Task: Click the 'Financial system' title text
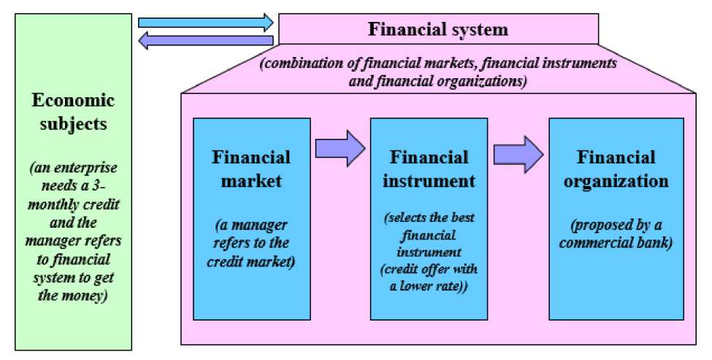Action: click(x=437, y=30)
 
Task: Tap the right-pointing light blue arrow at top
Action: click(x=205, y=23)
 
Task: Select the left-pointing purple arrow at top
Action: click(x=205, y=41)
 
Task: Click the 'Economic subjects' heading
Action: click(x=73, y=112)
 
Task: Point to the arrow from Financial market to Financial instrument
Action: click(x=340, y=149)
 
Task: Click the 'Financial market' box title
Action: click(x=251, y=169)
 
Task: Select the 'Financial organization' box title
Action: click(x=616, y=169)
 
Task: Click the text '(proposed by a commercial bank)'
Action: click(x=616, y=233)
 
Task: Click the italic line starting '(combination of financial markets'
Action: click(x=438, y=65)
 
